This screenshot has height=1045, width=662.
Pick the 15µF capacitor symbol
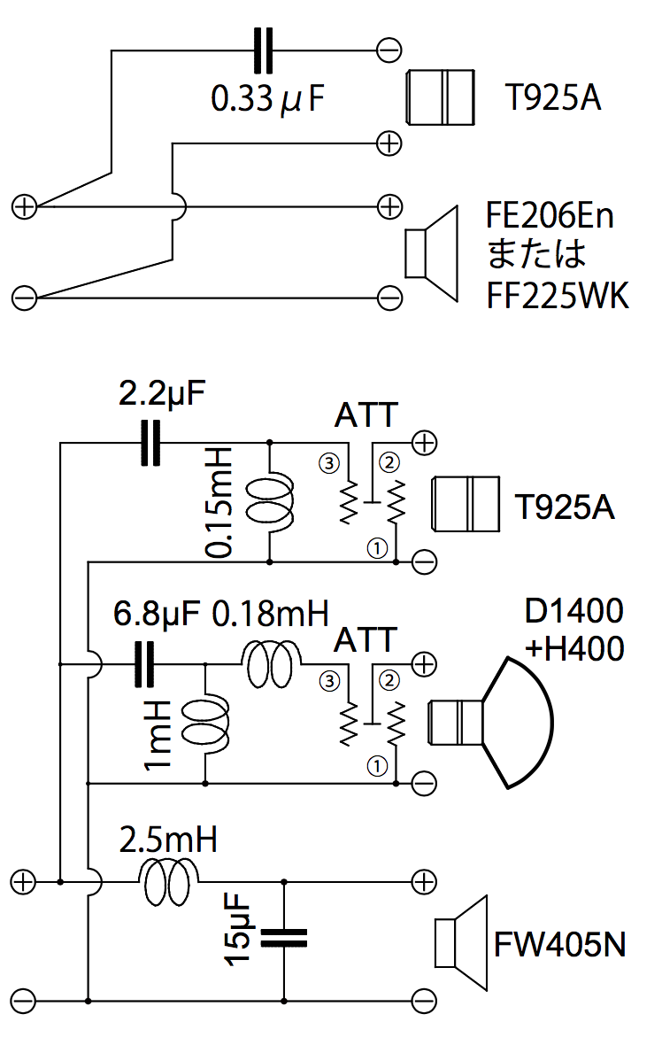point(284,938)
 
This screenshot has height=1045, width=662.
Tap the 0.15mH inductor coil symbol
point(267,503)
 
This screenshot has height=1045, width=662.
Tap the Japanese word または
point(536,256)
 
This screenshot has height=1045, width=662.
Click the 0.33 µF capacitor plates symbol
point(263,50)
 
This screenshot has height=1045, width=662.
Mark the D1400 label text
point(573,612)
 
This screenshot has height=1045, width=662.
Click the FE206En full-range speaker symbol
point(431,252)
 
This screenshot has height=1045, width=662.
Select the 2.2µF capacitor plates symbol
point(151,443)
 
